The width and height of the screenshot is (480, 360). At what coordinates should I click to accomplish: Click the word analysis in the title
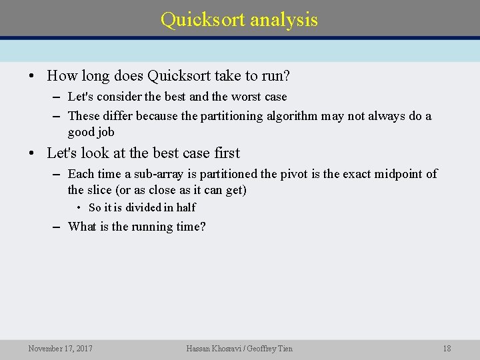[x=284, y=20]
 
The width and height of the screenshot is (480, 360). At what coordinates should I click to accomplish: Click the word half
[x=186, y=208]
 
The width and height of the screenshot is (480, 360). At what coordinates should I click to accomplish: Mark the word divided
[x=145, y=208]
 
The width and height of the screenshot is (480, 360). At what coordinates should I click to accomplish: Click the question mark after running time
[x=203, y=227]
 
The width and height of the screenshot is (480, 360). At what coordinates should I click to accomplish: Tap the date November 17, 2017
[x=61, y=349]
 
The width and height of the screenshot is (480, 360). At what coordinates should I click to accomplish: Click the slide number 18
[x=447, y=349]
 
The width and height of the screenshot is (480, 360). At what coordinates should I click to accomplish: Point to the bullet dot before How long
[x=31, y=77]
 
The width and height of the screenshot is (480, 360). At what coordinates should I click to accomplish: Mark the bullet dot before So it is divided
[x=79, y=208]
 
